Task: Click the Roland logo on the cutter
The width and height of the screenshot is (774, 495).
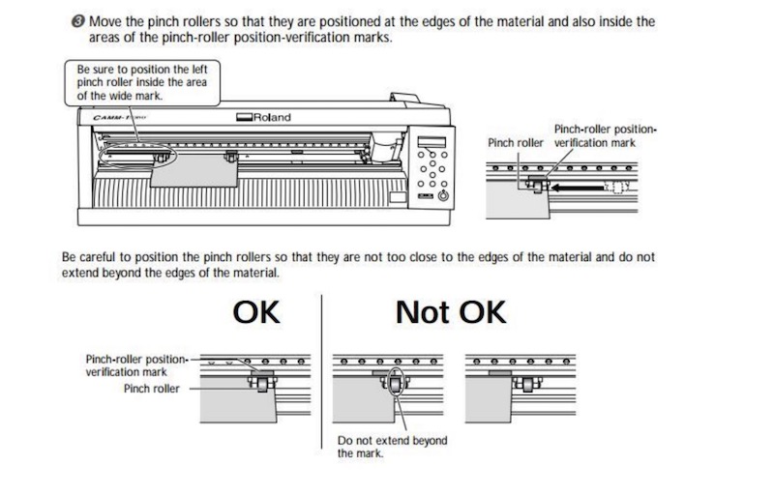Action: (263, 117)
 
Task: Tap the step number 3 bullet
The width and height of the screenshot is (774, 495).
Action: (78, 21)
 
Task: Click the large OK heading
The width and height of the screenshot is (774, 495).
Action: (256, 312)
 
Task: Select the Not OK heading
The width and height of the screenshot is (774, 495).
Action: (451, 312)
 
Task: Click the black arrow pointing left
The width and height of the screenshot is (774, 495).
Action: (577, 188)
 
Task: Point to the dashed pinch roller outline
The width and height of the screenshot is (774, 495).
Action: (617, 187)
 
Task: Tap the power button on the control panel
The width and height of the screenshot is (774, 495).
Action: (444, 195)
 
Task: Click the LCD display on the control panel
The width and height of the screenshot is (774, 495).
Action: (432, 142)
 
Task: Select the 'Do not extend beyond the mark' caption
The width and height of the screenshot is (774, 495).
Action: (393, 447)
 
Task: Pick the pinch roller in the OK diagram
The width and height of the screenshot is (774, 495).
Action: (262, 383)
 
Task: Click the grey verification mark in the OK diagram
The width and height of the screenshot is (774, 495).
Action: (262, 373)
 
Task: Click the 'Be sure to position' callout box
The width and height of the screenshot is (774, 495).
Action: (142, 83)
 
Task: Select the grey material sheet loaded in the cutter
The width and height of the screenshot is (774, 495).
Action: (194, 171)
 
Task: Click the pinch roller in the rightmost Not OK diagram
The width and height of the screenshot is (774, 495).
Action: (527, 384)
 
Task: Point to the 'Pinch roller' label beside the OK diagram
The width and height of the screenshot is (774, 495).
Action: (152, 389)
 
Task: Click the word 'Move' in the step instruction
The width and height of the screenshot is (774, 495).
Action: (103, 21)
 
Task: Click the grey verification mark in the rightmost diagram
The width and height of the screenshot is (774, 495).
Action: (499, 373)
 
